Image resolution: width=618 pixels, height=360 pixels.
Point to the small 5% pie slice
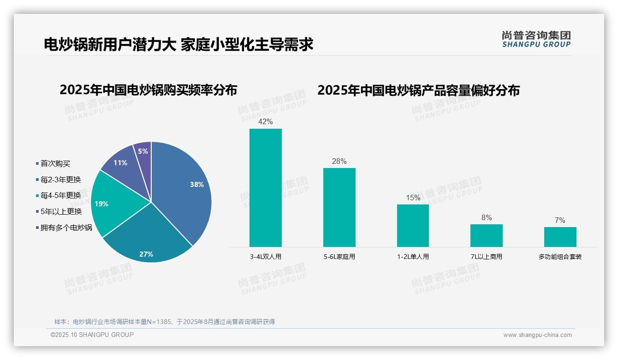click(x=143, y=151)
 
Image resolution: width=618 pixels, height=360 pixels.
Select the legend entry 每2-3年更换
click(x=60, y=180)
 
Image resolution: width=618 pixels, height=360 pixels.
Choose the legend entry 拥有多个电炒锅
click(x=66, y=228)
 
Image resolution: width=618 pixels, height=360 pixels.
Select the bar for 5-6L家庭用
click(x=339, y=207)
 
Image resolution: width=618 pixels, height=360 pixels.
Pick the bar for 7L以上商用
click(x=486, y=235)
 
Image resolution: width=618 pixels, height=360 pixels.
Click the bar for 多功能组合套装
click(x=560, y=237)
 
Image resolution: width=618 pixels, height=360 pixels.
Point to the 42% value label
click(x=265, y=122)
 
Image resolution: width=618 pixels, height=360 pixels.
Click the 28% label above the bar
click(x=339, y=162)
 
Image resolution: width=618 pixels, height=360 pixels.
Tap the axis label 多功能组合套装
click(x=560, y=257)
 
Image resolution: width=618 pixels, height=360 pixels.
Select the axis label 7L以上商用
click(x=486, y=257)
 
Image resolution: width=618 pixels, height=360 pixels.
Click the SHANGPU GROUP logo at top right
click(x=536, y=39)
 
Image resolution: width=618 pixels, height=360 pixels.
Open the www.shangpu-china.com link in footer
click(x=537, y=335)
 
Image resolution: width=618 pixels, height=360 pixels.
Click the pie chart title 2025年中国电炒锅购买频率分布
click(x=148, y=90)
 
